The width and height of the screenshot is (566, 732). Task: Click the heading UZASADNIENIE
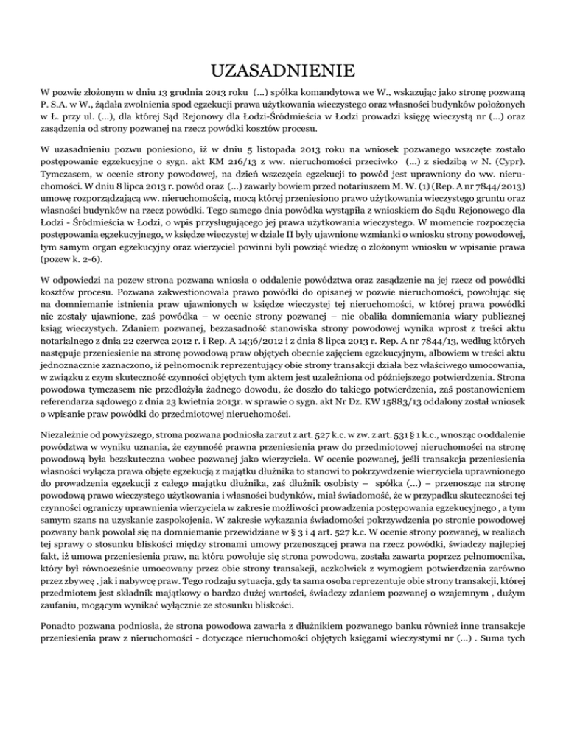[283, 71]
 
